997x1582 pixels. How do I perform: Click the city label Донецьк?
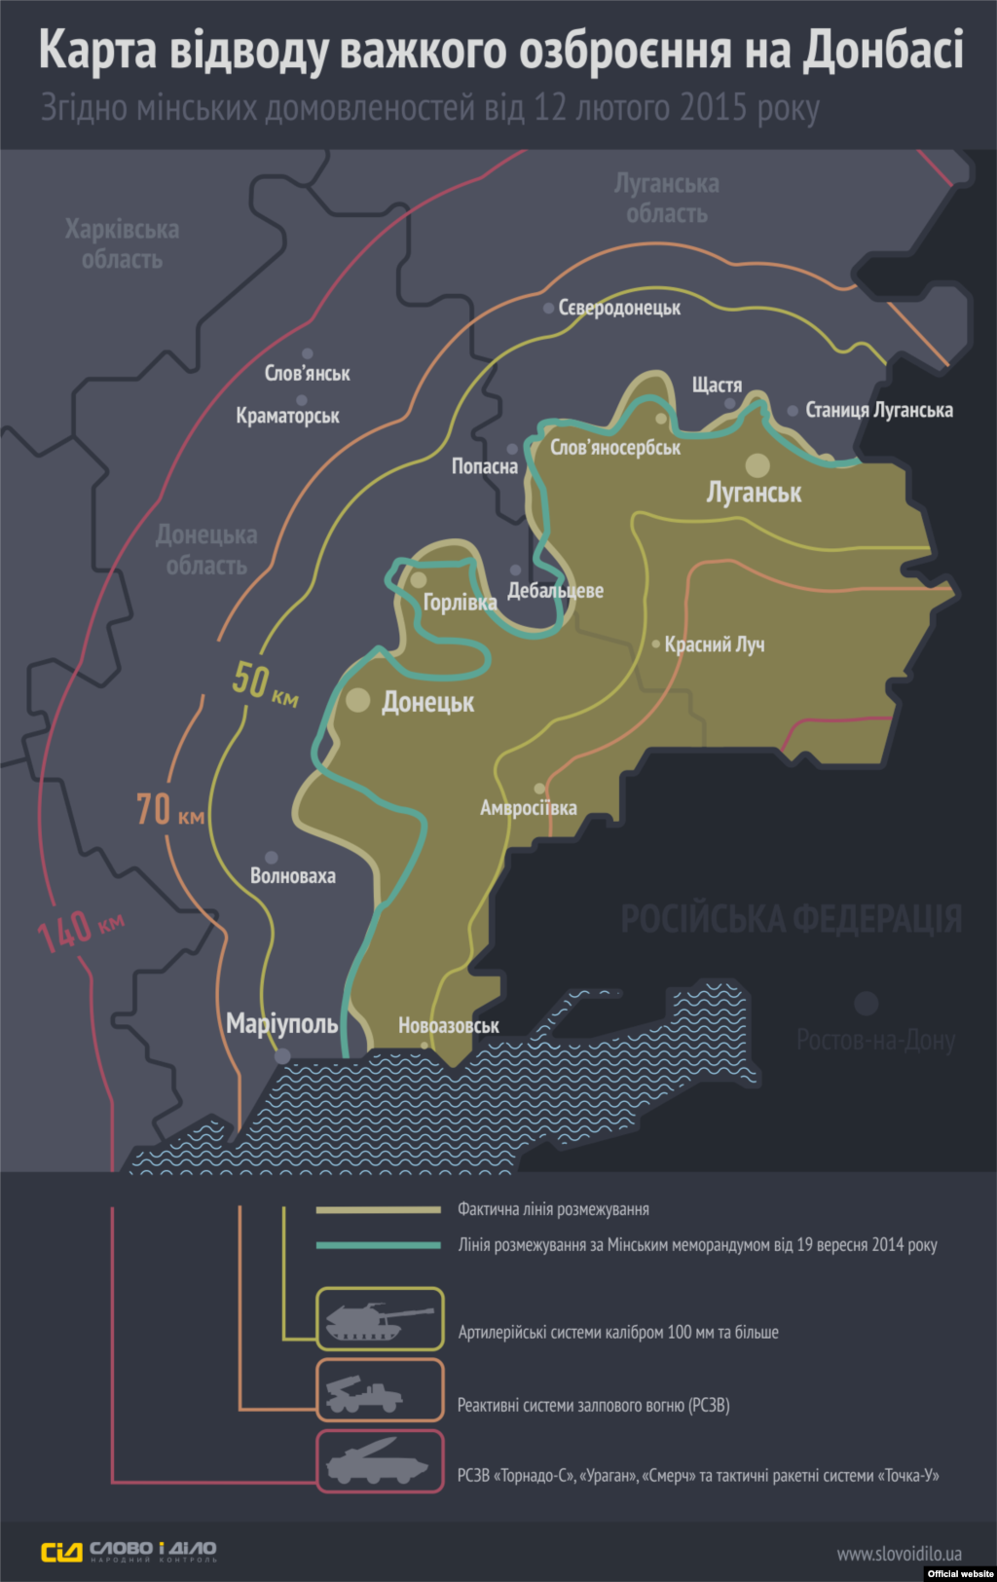427,702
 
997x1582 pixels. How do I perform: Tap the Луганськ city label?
754,493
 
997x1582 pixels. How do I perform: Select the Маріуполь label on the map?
282,1023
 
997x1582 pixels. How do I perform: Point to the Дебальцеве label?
555,591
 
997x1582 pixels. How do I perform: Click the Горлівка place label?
460,603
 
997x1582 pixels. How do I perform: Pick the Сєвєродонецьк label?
619,309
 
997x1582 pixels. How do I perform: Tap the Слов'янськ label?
307,373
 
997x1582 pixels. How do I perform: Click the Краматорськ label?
287,416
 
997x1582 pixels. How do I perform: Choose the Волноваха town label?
292,876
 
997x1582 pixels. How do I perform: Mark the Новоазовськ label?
449,1025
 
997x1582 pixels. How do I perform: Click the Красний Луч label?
715,644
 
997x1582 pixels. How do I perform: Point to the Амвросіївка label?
528,808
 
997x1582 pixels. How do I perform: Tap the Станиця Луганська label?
878,410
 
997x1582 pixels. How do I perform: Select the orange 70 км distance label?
170,810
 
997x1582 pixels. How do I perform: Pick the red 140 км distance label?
80,930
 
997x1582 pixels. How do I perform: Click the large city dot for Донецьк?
358,699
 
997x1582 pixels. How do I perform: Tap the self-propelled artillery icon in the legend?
380,1319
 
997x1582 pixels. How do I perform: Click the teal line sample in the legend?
379,1244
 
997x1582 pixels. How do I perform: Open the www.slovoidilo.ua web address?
899,1554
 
